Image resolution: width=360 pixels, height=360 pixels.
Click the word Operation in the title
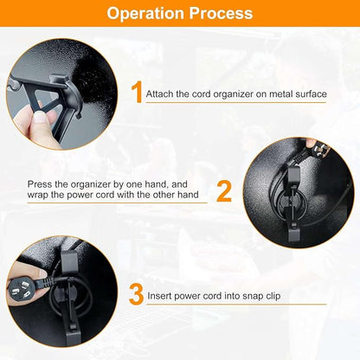[145, 14]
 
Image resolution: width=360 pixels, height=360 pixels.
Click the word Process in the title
[221, 14]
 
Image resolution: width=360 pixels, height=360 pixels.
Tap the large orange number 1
[137, 92]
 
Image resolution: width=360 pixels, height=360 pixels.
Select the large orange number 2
[224, 190]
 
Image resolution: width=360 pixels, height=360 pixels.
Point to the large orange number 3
[136, 294]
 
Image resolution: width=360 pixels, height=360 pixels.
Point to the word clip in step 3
[273, 296]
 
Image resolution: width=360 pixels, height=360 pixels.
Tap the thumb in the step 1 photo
[41, 118]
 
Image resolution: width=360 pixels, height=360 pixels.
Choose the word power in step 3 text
[187, 297]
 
